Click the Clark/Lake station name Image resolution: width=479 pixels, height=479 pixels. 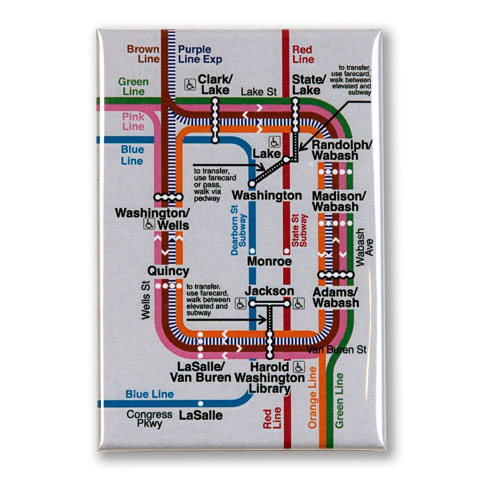214,84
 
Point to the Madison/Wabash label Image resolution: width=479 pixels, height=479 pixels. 335,201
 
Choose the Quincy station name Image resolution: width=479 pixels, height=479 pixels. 168,271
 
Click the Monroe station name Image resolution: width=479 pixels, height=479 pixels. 270,261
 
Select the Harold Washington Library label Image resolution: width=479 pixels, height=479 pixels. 270,378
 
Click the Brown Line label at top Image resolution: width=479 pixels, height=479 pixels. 143,54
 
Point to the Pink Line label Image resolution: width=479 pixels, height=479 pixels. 133,122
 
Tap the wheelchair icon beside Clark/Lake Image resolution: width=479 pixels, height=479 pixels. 190,84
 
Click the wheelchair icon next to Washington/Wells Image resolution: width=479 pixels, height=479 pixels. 149,224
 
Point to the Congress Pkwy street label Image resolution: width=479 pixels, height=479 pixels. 149,419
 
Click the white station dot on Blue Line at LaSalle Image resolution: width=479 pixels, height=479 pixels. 200,403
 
